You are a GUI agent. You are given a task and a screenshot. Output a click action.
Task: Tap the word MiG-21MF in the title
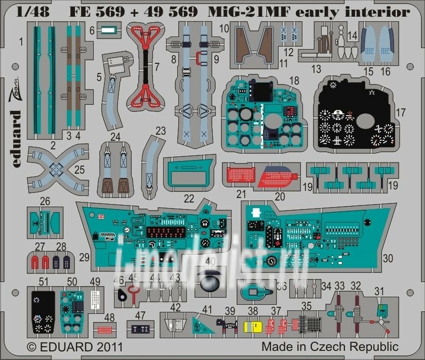(x=245, y=11)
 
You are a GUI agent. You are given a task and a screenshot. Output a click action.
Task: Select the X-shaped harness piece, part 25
(x=56, y=168)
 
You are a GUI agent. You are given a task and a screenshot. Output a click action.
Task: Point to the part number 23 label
(x=161, y=131)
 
